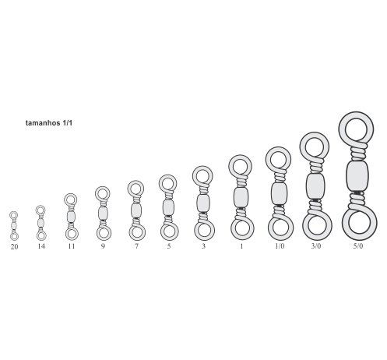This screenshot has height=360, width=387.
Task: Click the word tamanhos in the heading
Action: coord(43,123)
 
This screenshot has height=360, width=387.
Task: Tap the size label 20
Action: coord(14,247)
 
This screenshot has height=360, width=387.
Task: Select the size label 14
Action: coord(41,246)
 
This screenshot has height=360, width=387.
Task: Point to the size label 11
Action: coord(72,246)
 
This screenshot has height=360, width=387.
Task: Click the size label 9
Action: coord(103,246)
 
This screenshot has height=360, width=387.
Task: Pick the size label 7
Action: coord(136,246)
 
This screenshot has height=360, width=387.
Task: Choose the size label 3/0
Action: coord(316,246)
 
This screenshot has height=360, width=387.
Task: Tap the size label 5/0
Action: coord(358,246)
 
